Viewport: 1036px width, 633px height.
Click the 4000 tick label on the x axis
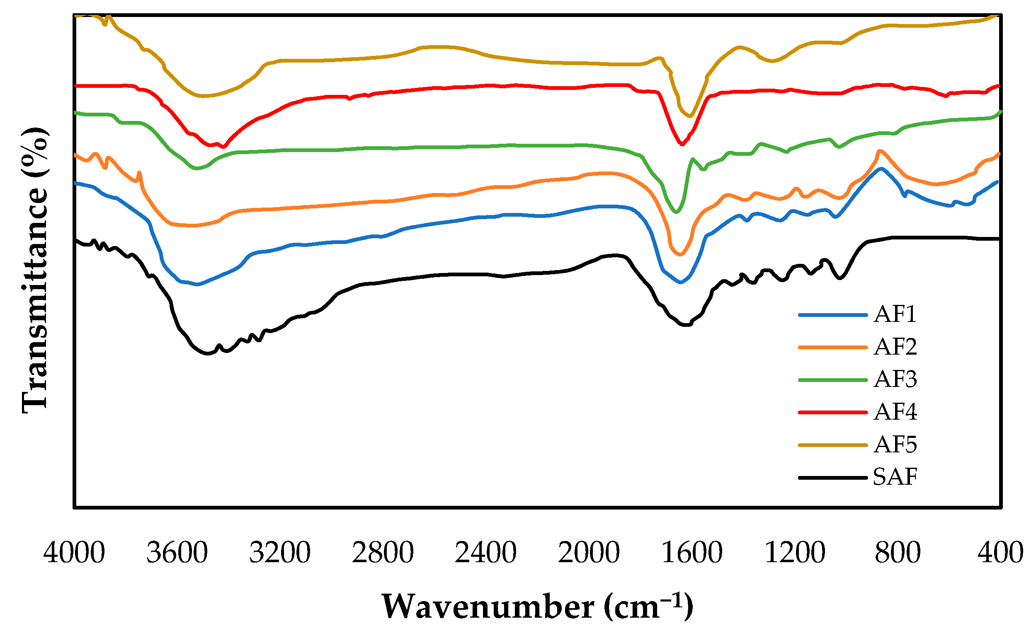pos(74,552)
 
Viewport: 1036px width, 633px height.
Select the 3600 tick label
pos(177,552)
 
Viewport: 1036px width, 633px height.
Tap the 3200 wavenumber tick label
pos(280,552)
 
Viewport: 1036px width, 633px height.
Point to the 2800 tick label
pos(383,552)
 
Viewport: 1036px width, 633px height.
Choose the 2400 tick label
pos(485,552)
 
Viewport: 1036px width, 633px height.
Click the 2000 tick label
pos(589,552)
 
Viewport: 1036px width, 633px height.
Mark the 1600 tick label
pos(692,552)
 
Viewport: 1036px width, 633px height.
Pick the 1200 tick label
pos(795,552)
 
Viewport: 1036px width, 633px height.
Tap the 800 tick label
pos(898,552)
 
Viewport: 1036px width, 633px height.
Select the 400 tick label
pos(1001,552)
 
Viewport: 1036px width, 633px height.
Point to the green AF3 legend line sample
pos(832,380)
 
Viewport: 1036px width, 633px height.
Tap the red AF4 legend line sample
pos(832,412)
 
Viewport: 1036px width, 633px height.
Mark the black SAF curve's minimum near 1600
pos(685,325)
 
